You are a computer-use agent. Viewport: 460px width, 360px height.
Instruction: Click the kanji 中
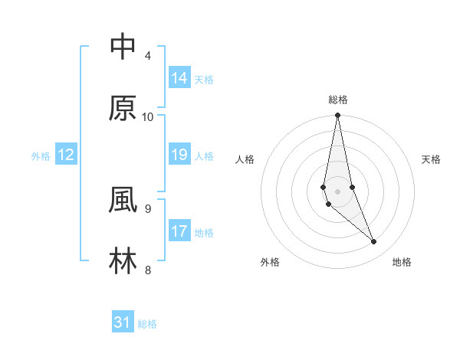123,47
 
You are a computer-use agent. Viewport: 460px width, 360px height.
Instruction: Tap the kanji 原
123,108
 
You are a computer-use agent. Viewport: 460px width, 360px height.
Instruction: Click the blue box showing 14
179,77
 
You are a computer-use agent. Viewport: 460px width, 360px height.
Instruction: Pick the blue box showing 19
179,154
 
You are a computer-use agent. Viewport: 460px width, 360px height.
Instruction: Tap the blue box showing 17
179,231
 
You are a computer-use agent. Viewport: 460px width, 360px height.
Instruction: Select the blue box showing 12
66,154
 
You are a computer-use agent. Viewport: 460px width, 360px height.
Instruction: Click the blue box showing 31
123,322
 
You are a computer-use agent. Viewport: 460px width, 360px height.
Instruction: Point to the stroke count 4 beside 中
148,55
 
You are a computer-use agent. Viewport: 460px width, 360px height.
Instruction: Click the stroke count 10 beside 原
148,116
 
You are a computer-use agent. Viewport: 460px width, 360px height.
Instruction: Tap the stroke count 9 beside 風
148,208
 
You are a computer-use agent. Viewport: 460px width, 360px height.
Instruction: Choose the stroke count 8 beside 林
148,269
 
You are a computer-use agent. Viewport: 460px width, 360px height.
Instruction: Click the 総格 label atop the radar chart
337,100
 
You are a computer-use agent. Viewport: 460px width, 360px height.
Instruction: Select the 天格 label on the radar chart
431,159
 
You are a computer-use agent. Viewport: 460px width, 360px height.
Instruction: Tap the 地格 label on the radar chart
402,262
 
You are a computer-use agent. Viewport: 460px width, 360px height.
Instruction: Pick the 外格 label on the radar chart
270,262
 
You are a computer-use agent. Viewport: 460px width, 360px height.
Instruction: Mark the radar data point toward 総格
337,116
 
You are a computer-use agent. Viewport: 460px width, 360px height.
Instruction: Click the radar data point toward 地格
374,242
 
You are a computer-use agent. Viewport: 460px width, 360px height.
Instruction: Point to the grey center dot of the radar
337,191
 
